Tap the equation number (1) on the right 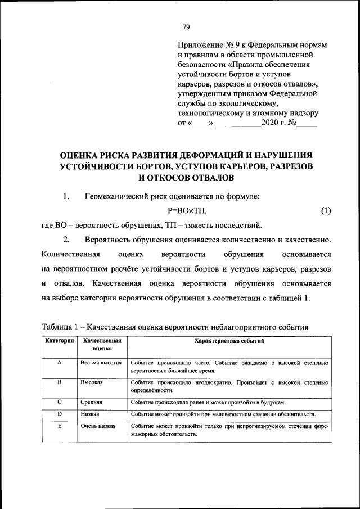point(326,211)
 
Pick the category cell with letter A point(59,363)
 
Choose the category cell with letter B point(59,382)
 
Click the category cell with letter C point(59,402)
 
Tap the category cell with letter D point(59,414)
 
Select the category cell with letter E point(59,426)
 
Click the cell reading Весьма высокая point(101,363)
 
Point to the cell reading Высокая point(91,382)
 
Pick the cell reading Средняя point(91,402)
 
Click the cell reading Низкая point(90,414)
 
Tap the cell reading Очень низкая point(98,426)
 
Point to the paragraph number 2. point(66,240)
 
